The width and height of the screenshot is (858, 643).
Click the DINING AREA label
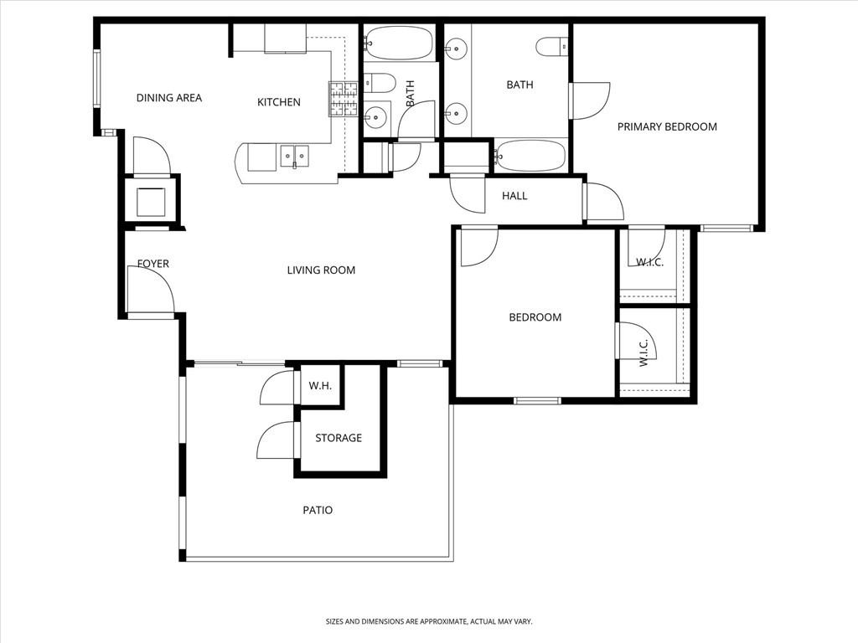(x=169, y=98)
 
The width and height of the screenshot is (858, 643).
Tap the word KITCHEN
(x=278, y=102)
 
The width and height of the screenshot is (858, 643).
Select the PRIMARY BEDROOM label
(x=667, y=126)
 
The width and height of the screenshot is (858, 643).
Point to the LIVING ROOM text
(x=321, y=270)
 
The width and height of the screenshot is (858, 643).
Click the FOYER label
(x=153, y=264)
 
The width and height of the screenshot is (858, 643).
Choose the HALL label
(x=514, y=196)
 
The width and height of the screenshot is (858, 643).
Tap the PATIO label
(x=318, y=510)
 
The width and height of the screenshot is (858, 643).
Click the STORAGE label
(x=339, y=438)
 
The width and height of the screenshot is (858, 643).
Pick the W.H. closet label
(x=320, y=386)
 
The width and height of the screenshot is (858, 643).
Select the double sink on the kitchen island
(x=294, y=155)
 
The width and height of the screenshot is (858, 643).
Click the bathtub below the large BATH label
(x=530, y=156)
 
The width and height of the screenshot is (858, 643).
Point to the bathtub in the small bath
(x=399, y=44)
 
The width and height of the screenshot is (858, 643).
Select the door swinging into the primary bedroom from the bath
(x=590, y=100)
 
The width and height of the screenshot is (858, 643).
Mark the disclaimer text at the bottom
(x=429, y=622)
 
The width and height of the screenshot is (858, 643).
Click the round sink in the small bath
(x=376, y=117)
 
